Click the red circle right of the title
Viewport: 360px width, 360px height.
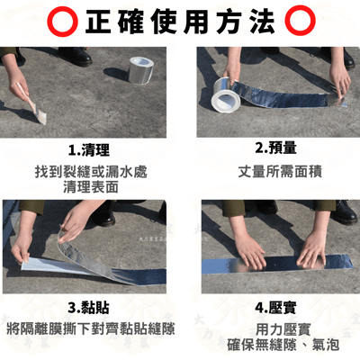(296, 20)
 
